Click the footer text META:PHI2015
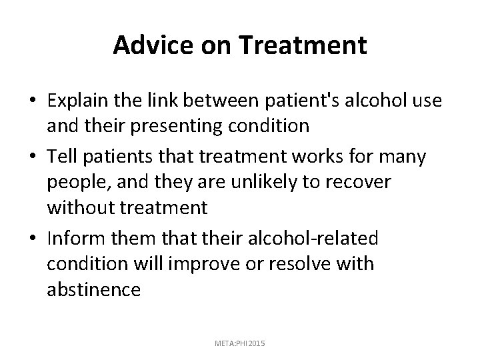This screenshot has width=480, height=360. pyautogui.click(x=239, y=343)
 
